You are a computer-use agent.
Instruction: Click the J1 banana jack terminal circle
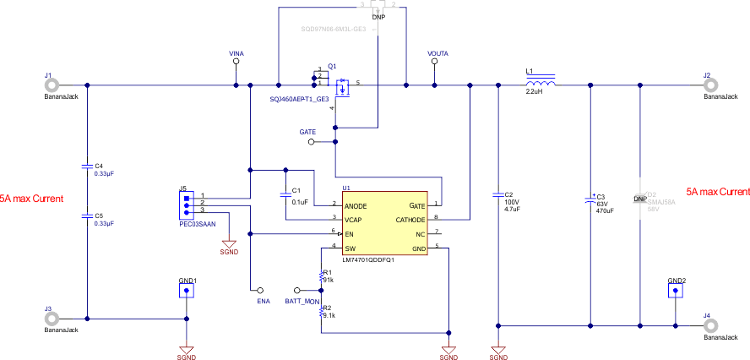pos(52,85)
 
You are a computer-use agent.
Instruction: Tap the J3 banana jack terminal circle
pos(52,319)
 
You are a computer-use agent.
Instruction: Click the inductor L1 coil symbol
pos(541,84)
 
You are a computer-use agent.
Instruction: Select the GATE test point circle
pos(311,142)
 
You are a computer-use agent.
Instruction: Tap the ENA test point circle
pos(261,290)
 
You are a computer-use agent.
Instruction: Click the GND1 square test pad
pos(187,292)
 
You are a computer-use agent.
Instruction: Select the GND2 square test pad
pos(676,292)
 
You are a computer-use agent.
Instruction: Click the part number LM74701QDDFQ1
pos(368,259)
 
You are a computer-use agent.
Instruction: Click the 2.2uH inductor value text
pos(534,92)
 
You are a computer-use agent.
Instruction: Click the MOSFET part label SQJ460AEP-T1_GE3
pos(299,100)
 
